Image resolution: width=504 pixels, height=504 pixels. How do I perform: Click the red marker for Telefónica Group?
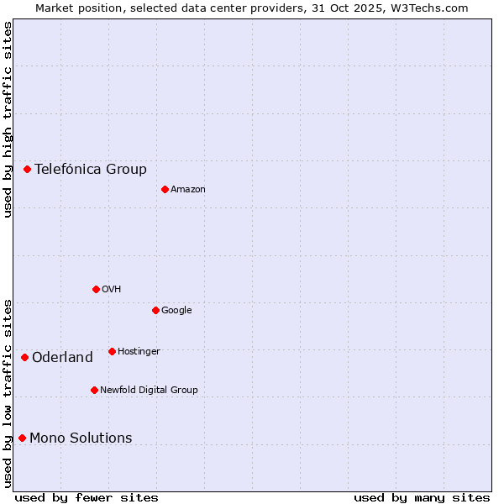(x=27, y=169)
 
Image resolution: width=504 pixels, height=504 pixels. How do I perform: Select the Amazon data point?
(x=165, y=189)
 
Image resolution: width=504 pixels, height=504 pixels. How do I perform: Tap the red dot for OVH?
(x=96, y=289)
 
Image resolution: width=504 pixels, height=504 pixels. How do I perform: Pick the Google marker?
(x=155, y=310)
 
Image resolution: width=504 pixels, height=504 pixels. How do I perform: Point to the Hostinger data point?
(x=112, y=351)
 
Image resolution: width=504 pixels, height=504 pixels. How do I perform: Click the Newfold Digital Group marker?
(x=94, y=390)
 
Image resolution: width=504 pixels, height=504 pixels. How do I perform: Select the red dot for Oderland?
(x=24, y=357)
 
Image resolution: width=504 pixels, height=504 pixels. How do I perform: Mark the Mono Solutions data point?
(x=22, y=438)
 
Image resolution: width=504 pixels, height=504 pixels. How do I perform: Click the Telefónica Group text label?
(x=91, y=169)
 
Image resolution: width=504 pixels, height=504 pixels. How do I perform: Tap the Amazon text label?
(x=188, y=190)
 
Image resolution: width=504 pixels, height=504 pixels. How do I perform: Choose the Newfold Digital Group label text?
(x=149, y=390)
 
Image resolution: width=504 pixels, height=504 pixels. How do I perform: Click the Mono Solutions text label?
(x=81, y=438)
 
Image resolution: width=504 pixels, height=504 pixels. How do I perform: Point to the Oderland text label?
(x=62, y=358)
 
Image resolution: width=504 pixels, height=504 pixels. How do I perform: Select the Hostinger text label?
(x=139, y=351)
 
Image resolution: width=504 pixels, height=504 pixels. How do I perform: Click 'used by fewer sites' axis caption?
(x=87, y=497)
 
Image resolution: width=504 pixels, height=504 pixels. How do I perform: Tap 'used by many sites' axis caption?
(x=422, y=497)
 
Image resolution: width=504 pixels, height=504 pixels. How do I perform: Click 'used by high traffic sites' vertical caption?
(x=8, y=119)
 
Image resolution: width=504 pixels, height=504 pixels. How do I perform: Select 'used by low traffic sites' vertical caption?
(x=8, y=393)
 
